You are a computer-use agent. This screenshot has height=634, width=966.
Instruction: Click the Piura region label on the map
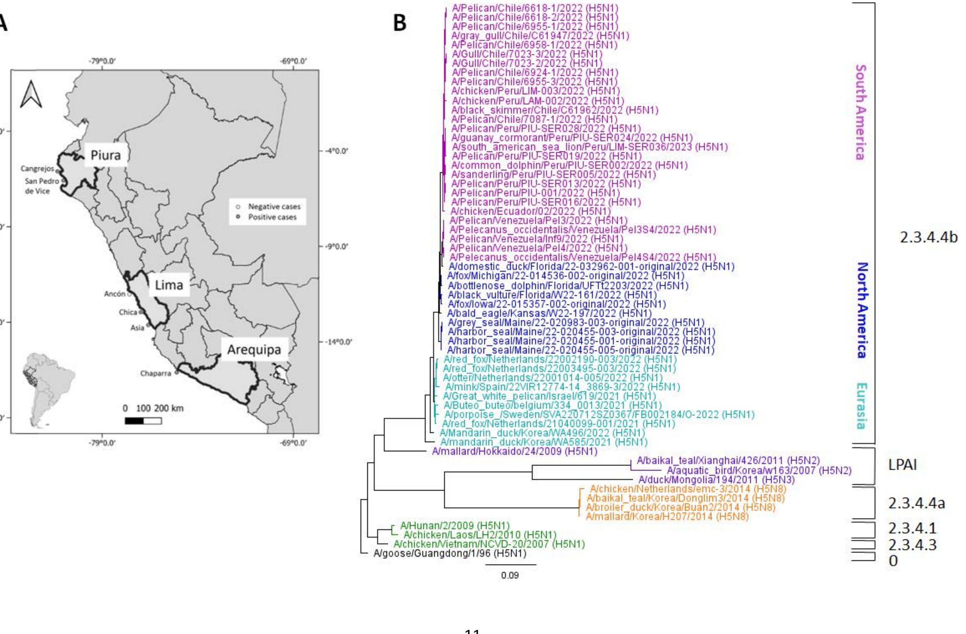click(x=106, y=155)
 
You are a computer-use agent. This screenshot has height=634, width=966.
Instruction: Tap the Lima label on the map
click(x=169, y=285)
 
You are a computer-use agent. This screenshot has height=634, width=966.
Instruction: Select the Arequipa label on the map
click(x=254, y=349)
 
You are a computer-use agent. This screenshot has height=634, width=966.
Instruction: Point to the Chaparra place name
click(x=156, y=373)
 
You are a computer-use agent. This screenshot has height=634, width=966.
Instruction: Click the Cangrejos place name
click(x=37, y=168)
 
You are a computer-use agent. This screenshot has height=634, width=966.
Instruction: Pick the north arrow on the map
click(x=31, y=94)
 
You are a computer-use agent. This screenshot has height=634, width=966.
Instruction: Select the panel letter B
click(x=400, y=23)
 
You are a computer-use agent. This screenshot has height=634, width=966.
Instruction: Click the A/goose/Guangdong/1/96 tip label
click(x=450, y=553)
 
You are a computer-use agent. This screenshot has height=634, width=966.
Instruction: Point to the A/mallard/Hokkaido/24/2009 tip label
click(x=514, y=451)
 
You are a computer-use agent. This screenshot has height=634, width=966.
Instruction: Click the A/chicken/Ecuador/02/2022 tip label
click(x=531, y=211)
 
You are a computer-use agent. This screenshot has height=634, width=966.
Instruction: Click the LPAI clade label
click(x=902, y=465)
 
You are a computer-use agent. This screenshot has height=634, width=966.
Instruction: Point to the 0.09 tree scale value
click(x=510, y=575)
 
